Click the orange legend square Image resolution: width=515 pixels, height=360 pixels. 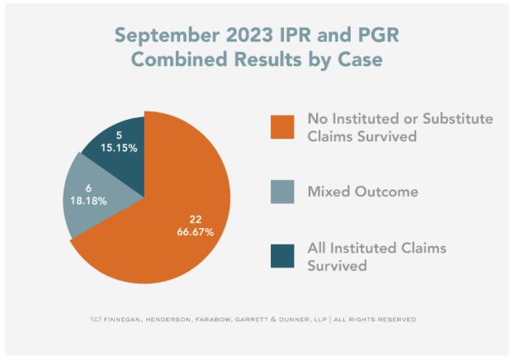[284, 129]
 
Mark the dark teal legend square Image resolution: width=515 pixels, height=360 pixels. [284, 257]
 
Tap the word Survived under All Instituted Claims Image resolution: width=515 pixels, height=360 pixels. [338, 267]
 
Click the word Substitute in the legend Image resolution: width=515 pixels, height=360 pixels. [456, 119]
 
